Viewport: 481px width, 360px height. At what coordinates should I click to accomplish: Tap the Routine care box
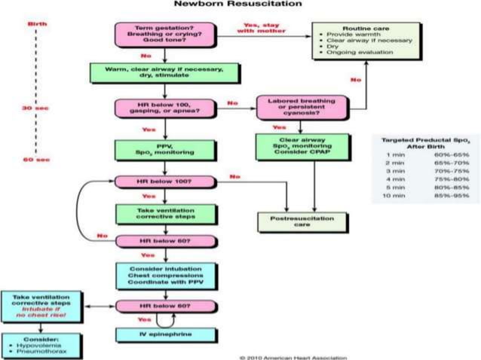coord(359,41)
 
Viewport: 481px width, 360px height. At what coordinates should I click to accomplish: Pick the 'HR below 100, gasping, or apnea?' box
coord(164,108)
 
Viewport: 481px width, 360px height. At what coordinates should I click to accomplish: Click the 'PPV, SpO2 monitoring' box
coord(164,148)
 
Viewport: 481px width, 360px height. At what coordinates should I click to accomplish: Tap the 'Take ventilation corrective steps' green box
coord(164,214)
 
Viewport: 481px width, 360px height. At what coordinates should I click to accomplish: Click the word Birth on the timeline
coord(35,24)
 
